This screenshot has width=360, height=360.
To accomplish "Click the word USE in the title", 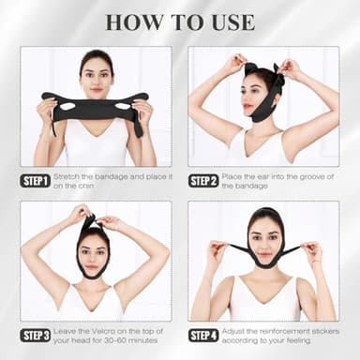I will click(230, 22).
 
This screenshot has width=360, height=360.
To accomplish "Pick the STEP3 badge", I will click(37, 335).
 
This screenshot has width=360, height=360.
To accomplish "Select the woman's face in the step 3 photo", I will click(94, 248).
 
